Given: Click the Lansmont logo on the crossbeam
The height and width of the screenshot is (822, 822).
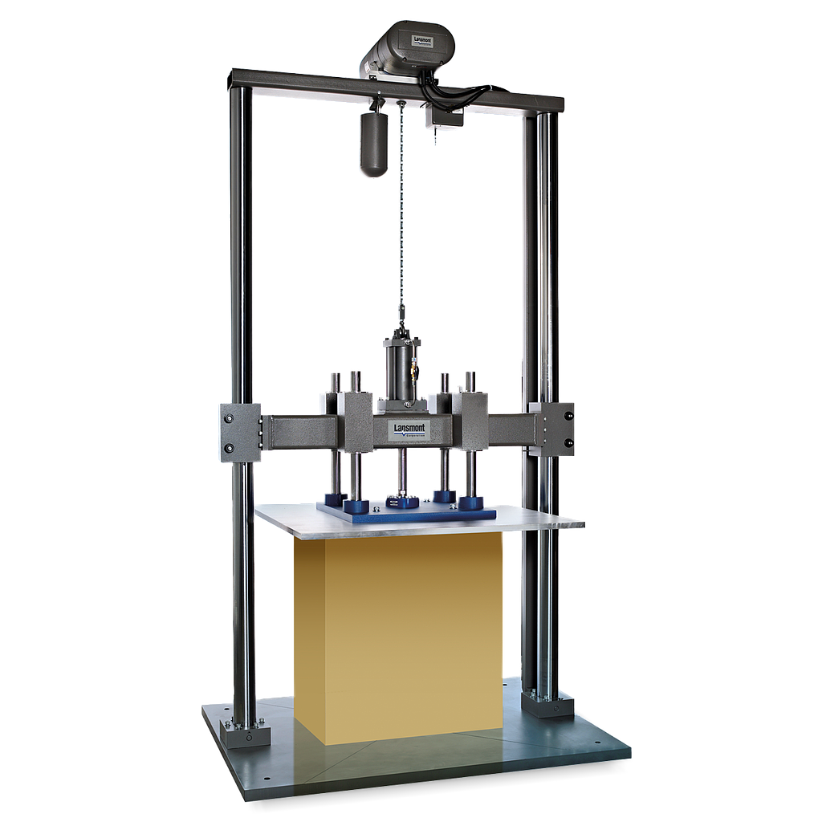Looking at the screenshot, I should tap(409, 430).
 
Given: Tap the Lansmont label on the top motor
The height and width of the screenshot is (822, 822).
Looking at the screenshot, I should tap(423, 41).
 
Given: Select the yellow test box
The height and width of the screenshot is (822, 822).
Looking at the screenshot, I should tap(400, 634).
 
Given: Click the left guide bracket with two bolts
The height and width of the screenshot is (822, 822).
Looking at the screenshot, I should tap(239, 432).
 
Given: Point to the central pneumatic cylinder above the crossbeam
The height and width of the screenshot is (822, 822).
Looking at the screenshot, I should tap(402, 369).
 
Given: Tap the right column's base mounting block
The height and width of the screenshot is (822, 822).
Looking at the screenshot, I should tap(547, 704).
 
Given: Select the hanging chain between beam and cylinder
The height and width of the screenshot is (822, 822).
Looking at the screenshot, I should tap(400, 217).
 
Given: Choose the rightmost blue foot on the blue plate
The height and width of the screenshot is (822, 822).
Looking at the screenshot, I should tap(471, 503).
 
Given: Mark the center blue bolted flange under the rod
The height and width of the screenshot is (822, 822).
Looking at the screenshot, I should tap(401, 503).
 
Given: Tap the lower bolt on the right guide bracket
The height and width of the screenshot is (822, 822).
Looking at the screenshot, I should tap(568, 442).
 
